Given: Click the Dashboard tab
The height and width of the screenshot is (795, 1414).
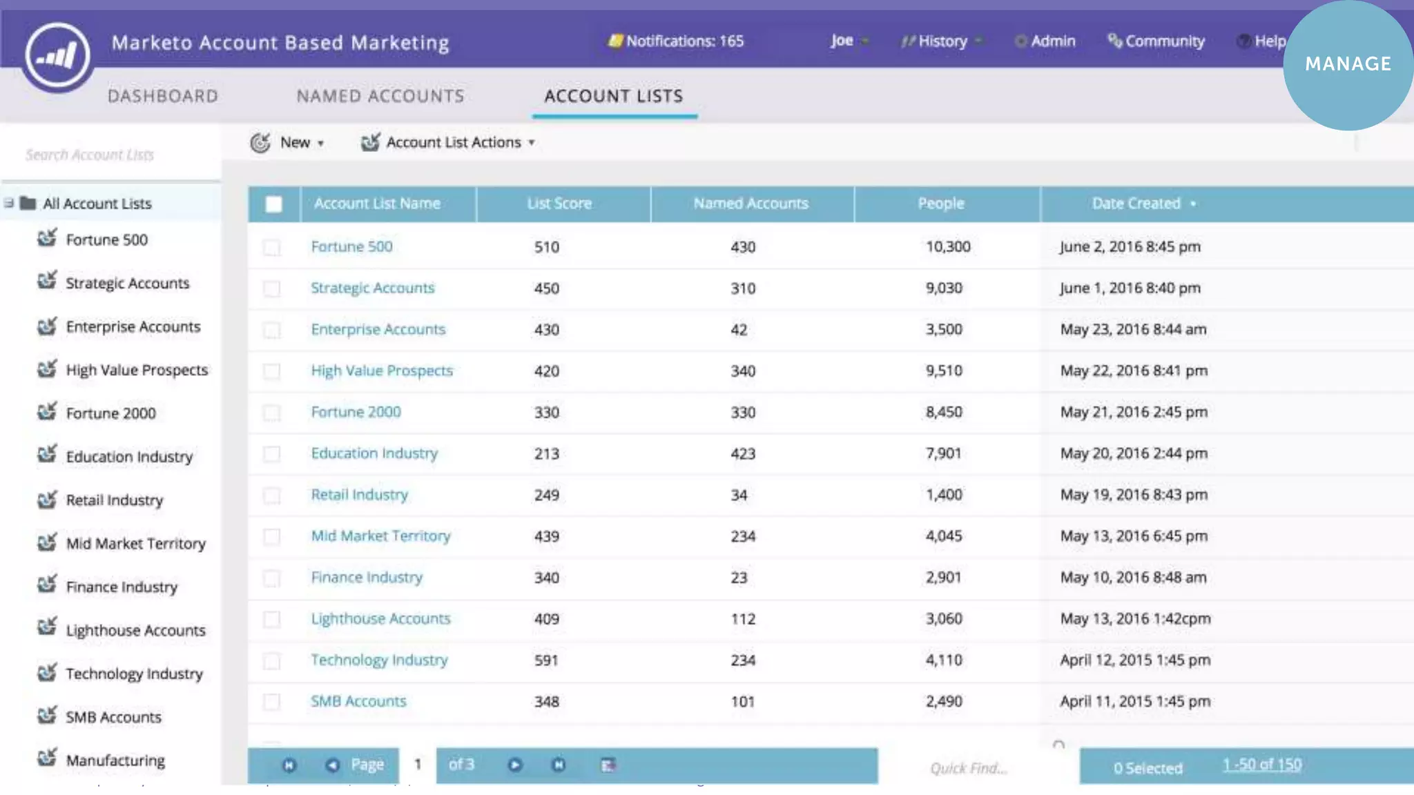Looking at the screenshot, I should (x=162, y=96).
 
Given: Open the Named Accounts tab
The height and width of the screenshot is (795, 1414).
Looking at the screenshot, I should (x=380, y=96).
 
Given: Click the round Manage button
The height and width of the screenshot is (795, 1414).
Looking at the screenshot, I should (x=1347, y=64).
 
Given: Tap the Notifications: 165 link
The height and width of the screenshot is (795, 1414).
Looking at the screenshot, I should (x=677, y=41).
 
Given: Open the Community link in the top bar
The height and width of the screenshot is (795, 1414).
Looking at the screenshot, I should (x=1156, y=41).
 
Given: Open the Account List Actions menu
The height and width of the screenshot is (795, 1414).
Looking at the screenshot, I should (x=449, y=143).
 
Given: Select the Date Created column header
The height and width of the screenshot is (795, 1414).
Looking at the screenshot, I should (x=1136, y=204).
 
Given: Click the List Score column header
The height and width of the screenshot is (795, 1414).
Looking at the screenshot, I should (x=559, y=204).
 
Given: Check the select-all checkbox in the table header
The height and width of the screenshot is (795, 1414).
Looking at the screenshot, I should (x=273, y=204).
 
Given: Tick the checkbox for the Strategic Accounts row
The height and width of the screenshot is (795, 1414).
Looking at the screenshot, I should (x=272, y=288).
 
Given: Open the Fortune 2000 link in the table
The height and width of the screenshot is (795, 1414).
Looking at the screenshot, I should (x=356, y=412).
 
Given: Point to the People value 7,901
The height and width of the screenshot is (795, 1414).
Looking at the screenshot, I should (x=943, y=453).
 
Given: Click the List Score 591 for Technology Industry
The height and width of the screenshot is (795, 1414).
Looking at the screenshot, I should (x=546, y=660).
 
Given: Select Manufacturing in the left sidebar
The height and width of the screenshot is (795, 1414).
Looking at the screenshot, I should (x=115, y=760).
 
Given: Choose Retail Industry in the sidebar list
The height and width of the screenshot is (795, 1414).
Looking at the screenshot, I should (x=115, y=500).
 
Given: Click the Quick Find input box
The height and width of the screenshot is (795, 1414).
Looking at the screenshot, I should (x=968, y=768).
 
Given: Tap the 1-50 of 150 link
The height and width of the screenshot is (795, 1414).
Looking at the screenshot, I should (x=1262, y=765).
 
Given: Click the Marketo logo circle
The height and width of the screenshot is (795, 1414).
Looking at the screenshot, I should (x=57, y=55).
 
